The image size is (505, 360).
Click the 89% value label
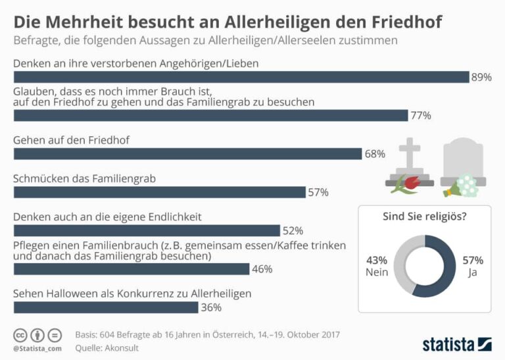click(481, 77)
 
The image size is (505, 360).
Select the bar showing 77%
click(210, 116)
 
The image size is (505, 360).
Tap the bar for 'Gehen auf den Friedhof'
click(187, 153)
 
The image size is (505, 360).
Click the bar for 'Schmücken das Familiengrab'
click(160, 192)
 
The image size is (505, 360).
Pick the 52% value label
click(292, 230)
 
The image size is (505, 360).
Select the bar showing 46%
click(132, 269)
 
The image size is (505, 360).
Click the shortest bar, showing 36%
click(105, 307)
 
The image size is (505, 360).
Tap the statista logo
click(456, 343)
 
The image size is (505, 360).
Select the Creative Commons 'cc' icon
click(20, 334)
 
